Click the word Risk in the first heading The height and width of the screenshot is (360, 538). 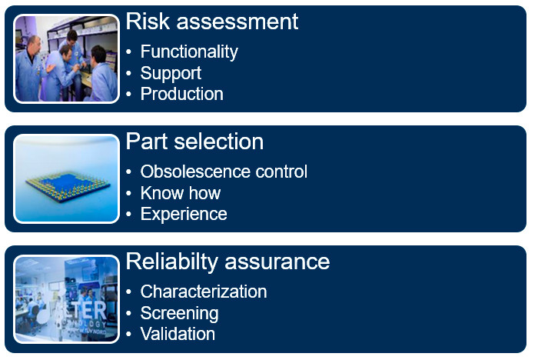point(148,22)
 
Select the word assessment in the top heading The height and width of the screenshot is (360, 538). point(237,22)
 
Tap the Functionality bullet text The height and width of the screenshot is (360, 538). point(189,52)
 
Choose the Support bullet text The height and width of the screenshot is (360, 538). point(171,74)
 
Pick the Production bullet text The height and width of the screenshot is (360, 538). point(182,94)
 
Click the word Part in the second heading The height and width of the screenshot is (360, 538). point(147,142)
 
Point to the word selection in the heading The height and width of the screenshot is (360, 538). point(219,142)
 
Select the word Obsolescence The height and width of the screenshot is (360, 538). point(194,172)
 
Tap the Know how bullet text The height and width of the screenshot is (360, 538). point(181,193)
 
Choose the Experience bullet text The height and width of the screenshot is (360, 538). point(184,215)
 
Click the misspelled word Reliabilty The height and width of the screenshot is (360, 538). point(172,262)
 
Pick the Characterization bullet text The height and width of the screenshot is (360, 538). point(204,292)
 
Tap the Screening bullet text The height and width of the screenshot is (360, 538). point(179,314)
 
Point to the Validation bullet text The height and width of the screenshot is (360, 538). point(178,334)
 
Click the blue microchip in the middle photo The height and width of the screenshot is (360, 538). point(68,186)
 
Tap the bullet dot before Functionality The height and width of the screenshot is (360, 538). point(128,52)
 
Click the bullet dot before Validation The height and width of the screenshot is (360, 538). point(128,334)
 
